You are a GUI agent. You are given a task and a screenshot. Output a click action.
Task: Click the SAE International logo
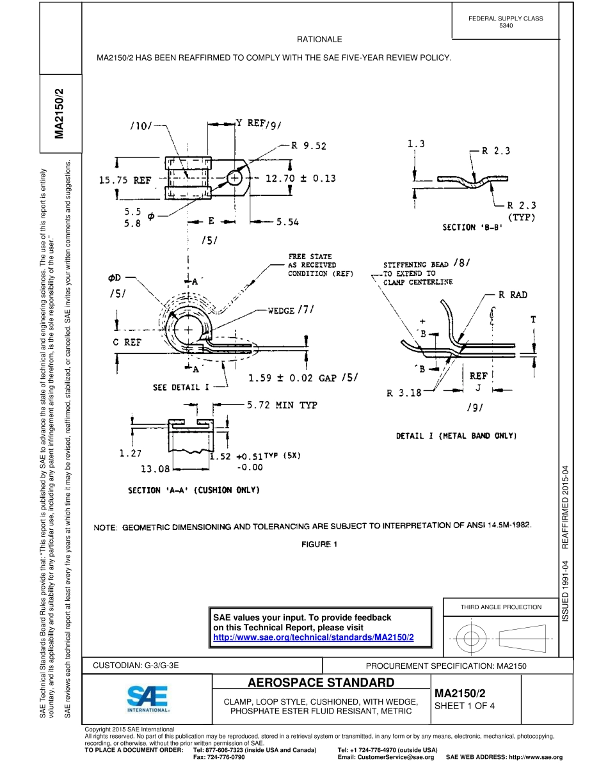[x=148, y=699]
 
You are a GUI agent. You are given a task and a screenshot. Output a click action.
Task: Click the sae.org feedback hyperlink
[x=313, y=637]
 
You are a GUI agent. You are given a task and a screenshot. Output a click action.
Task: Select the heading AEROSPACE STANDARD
[x=321, y=682]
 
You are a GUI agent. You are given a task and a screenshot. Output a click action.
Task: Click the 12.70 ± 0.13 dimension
[x=300, y=179]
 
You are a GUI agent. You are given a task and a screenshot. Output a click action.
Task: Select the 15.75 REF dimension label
[x=125, y=180]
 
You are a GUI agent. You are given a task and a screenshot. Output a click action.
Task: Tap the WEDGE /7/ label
[x=291, y=310]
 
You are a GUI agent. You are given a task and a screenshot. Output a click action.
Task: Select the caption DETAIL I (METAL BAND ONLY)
[x=456, y=436]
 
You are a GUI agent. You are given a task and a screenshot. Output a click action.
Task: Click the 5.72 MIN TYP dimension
[x=282, y=405]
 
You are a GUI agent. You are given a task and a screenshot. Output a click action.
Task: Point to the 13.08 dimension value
[x=154, y=468]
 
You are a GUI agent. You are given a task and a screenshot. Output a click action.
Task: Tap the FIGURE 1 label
[x=319, y=545]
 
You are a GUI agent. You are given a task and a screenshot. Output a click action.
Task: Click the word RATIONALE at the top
[x=319, y=40]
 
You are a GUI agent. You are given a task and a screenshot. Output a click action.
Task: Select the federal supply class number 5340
[x=506, y=26]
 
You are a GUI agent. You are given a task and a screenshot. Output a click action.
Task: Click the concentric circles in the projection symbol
[x=470, y=637]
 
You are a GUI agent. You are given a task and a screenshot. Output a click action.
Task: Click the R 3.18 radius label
[x=404, y=393]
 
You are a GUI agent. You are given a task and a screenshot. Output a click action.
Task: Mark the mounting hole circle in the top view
[x=235, y=177]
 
